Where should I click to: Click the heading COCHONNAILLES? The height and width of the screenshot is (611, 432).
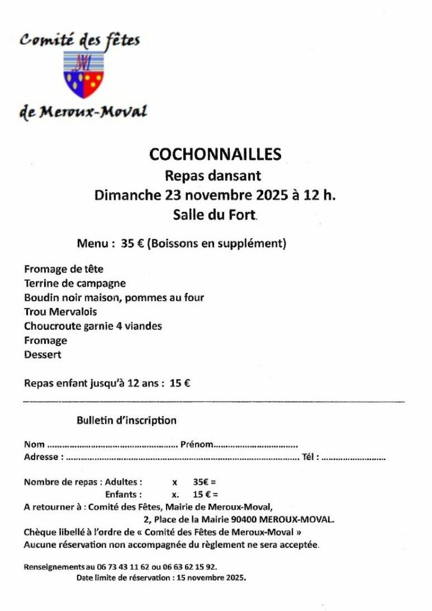(215, 155)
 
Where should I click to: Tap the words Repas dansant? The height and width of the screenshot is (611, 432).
(213, 175)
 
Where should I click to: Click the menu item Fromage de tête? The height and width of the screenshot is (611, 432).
(64, 269)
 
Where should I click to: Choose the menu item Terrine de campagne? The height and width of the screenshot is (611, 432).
(75, 283)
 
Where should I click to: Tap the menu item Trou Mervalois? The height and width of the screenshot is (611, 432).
(61, 312)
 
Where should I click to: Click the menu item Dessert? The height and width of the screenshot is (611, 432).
(43, 355)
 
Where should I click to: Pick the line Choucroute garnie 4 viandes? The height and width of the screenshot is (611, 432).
(93, 326)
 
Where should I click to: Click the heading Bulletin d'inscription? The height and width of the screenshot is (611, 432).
(126, 421)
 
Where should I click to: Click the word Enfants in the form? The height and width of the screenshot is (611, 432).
(124, 495)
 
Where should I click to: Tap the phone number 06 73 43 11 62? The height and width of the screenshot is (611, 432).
(122, 567)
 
